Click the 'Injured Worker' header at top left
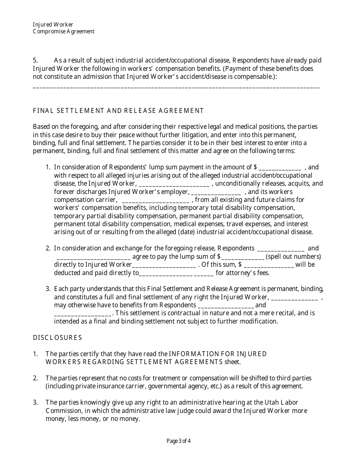tap(53, 25)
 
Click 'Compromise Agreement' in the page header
tap(64, 31)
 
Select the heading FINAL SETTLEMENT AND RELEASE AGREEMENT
tap(118, 111)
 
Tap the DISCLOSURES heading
tap(57, 338)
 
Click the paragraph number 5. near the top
tap(36, 61)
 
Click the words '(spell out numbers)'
tap(293, 256)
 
